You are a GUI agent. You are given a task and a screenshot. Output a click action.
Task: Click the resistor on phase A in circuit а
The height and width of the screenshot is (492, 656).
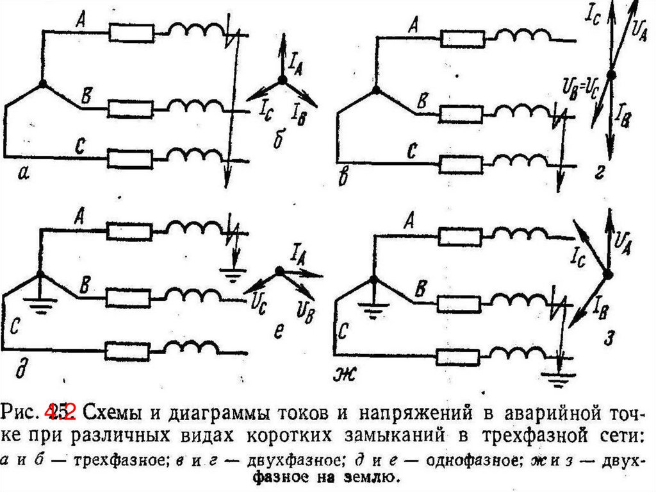click(x=131, y=31)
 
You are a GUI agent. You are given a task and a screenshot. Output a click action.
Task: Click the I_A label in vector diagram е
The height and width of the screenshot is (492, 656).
click(x=297, y=251)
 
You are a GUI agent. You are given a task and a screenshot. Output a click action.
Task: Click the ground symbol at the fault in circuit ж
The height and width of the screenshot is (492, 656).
click(x=560, y=379)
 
